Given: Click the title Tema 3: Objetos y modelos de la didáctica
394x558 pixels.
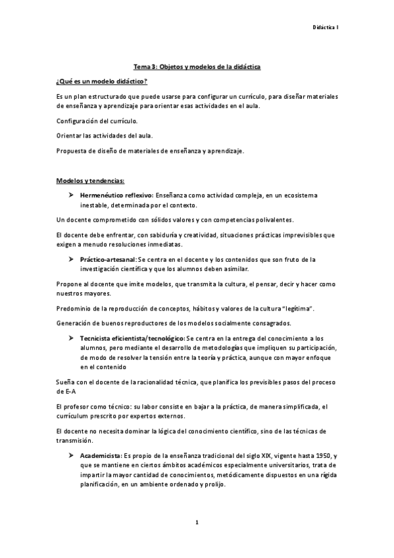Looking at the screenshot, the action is click(197, 67).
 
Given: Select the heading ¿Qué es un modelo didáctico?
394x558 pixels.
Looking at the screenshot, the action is click(101, 81).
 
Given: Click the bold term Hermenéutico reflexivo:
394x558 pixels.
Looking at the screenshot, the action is click(116, 195).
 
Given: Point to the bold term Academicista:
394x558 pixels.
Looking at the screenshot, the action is click(101, 455).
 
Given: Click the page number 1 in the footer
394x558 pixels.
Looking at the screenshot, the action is click(197, 522).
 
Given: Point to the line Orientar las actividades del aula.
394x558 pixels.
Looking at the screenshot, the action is click(105, 136).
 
